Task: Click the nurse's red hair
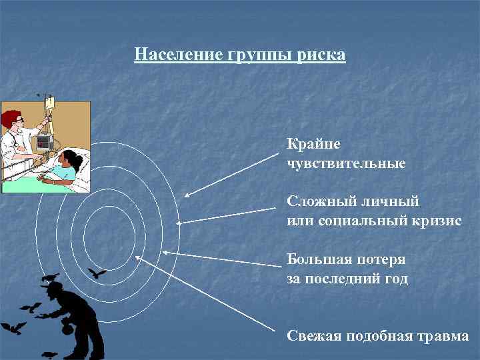(11, 119)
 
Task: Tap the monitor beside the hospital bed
(43, 141)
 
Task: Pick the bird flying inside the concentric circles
(97, 273)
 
